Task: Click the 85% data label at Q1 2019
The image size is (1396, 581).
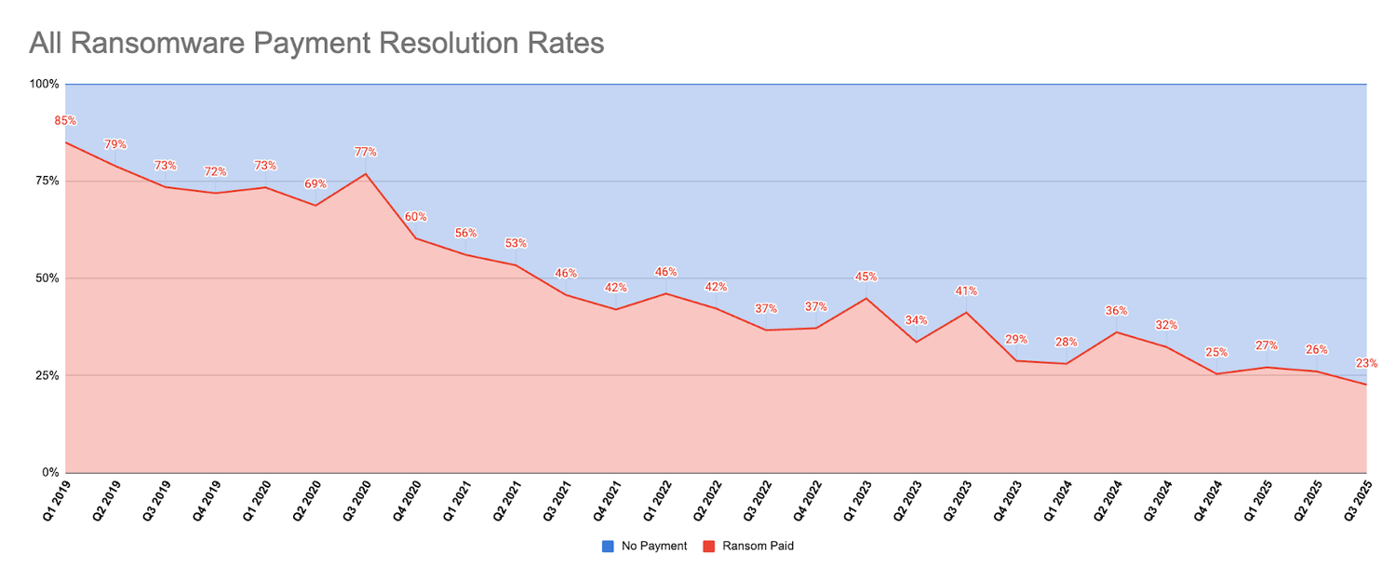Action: pos(64,121)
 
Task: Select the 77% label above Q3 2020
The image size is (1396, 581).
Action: pos(366,152)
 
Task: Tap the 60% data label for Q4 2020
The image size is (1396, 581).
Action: pos(415,217)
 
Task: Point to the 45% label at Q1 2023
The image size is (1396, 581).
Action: pos(866,277)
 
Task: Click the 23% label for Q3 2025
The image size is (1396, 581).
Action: pos(1366,363)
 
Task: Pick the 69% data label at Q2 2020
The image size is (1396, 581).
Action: pos(315,183)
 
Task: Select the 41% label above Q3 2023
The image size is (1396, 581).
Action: pos(966,291)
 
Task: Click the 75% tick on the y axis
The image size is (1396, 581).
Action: pos(47,181)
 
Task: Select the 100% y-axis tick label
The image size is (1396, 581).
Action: pos(44,84)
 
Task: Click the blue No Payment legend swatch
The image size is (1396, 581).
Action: pos(608,547)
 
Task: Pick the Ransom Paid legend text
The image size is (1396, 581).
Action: pos(758,547)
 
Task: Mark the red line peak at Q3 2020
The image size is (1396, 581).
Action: pos(366,174)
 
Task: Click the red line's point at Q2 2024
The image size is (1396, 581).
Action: pos(1116,332)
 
